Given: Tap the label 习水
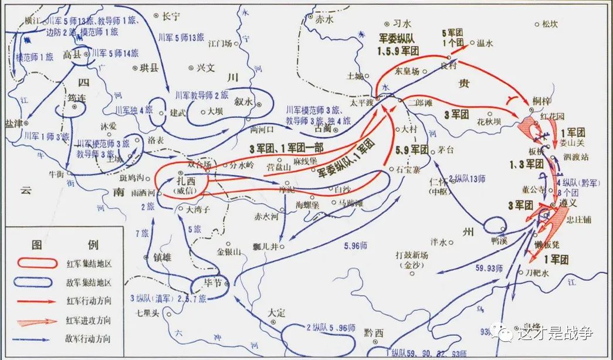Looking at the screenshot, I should [402, 24].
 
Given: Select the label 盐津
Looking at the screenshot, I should [14, 123].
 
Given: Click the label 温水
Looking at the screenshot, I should [486, 42].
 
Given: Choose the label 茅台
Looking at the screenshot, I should [449, 150].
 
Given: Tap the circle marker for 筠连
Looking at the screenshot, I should [75, 107].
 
